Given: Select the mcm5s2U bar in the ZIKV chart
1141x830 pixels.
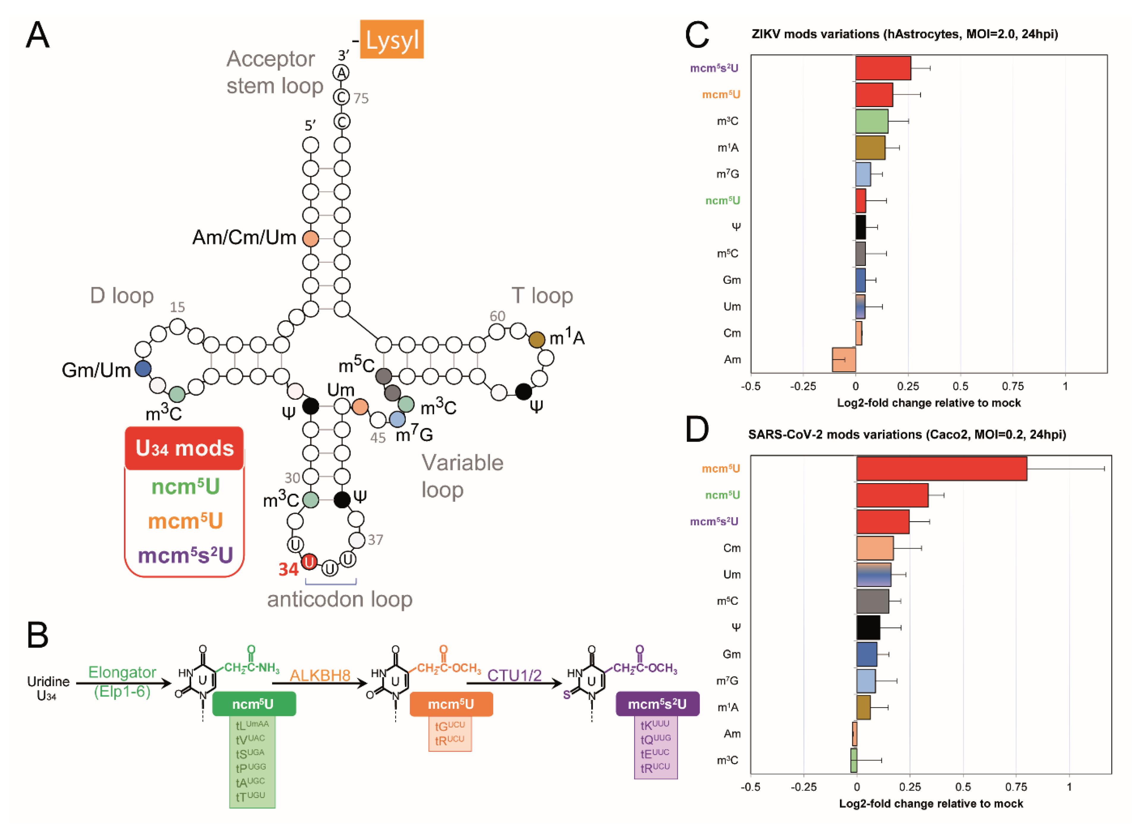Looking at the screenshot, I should tap(882, 68).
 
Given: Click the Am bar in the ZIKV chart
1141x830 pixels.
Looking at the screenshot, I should tap(844, 359).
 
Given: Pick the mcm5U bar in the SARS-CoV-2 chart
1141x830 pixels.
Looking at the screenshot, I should tap(941, 469).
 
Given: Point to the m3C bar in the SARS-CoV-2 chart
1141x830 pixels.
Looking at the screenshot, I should tap(854, 760).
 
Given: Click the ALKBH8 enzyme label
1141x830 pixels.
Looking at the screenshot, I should tap(320, 675).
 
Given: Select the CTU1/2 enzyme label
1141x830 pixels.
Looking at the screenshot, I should tap(514, 675).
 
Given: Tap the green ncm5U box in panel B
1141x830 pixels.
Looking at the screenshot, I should tap(253, 704).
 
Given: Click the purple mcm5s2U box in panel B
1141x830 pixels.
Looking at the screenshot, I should tap(657, 704).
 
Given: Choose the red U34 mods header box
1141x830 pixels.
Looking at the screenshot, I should tap(184, 448).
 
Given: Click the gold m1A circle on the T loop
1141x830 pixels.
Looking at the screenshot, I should tap(537, 340).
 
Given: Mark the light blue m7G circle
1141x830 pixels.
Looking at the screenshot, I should tap(398, 419).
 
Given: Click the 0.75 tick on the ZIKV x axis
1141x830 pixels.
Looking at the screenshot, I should tap(1012, 386).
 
